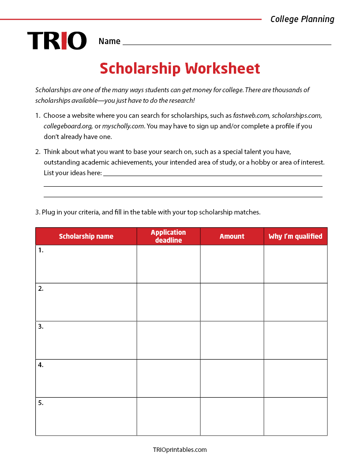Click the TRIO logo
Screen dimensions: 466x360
point(56,41)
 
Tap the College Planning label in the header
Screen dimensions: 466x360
point(302,19)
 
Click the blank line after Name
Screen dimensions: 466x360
point(227,41)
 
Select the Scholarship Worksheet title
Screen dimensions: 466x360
point(180,69)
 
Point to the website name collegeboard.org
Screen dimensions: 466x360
point(68,126)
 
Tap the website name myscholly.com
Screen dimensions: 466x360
point(123,126)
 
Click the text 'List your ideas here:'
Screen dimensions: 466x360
point(73,173)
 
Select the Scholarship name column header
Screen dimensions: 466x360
point(86,236)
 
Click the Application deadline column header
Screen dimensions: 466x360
point(169,236)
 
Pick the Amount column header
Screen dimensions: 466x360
point(232,236)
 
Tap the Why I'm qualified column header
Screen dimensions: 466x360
point(296,236)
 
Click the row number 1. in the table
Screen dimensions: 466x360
point(41,250)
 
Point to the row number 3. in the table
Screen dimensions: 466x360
point(41,327)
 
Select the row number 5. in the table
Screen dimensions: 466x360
point(41,403)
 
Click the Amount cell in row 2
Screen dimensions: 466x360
point(232,302)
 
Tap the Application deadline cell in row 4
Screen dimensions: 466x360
point(169,378)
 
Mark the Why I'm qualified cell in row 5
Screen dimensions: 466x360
point(296,416)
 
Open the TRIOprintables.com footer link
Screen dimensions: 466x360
point(180,450)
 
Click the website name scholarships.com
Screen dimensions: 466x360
point(297,115)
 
